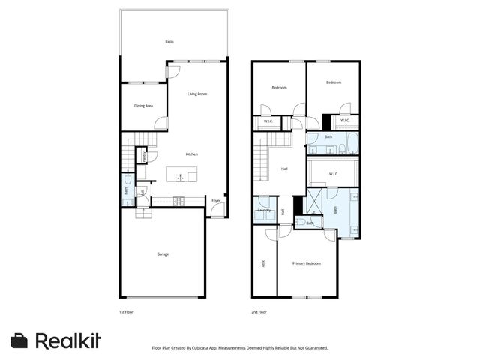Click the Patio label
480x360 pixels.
point(169,42)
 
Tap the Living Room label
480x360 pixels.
point(196,94)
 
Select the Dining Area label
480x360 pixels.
point(143,106)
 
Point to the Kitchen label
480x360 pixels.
point(192,154)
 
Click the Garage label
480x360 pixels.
point(163,254)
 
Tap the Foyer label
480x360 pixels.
point(215,201)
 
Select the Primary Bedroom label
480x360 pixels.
point(307,263)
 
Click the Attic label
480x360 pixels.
point(263,263)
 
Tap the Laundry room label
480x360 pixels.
point(263,210)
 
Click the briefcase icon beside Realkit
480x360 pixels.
point(19,340)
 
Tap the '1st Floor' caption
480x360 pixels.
point(127,311)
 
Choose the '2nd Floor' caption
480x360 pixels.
point(259,311)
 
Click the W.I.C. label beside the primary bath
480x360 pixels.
point(333,174)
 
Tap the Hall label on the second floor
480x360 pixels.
point(284,169)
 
